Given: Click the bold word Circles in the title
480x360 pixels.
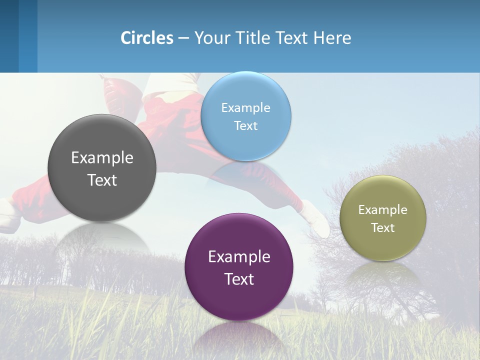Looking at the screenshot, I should [x=147, y=38].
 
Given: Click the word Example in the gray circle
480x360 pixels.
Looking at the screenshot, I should [x=102, y=158].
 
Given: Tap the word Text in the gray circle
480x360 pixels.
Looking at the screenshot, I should [x=102, y=180].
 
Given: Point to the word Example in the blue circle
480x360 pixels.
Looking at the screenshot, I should [x=245, y=108].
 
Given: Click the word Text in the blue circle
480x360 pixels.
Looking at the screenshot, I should [x=245, y=126].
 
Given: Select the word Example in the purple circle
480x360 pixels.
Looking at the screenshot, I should [x=239, y=257].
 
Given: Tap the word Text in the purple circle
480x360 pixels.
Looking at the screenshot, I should [x=239, y=279].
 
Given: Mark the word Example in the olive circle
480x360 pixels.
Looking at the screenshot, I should [x=382, y=210].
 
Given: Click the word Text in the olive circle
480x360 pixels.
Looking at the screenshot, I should [x=382, y=228].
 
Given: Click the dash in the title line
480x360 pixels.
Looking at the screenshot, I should [x=183, y=38].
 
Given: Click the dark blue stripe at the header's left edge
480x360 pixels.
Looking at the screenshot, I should [x=9, y=36].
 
